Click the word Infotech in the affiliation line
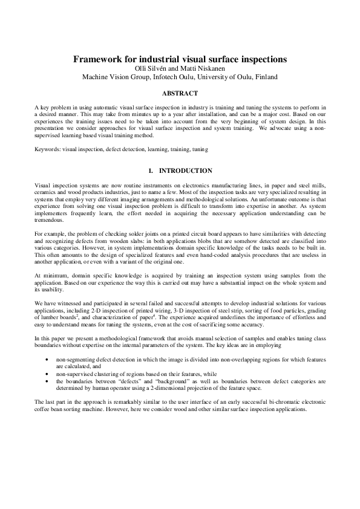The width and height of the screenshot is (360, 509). click(x=159, y=77)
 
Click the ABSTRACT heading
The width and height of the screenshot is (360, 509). click(x=180, y=94)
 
